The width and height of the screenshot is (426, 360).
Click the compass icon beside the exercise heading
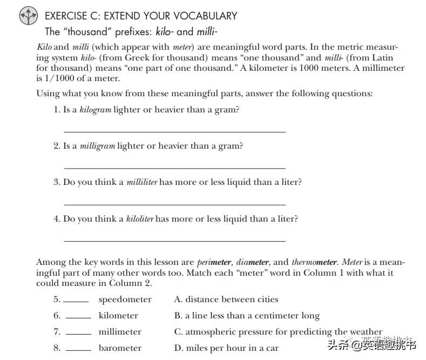[29, 16]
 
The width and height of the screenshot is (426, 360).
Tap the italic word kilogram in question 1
[95, 110]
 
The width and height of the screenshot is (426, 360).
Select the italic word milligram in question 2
[97, 146]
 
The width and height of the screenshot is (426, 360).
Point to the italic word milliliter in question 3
[141, 182]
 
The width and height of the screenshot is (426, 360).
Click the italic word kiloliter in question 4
[140, 219]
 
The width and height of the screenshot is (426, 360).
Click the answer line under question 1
[174, 131]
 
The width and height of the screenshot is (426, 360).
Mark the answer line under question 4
[174, 241]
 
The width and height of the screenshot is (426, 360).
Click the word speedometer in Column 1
[125, 299]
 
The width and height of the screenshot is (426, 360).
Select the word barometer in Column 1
[120, 348]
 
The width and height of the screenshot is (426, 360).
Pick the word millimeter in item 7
[120, 332]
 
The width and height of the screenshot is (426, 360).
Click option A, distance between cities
[226, 299]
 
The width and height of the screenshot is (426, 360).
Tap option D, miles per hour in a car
[226, 348]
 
